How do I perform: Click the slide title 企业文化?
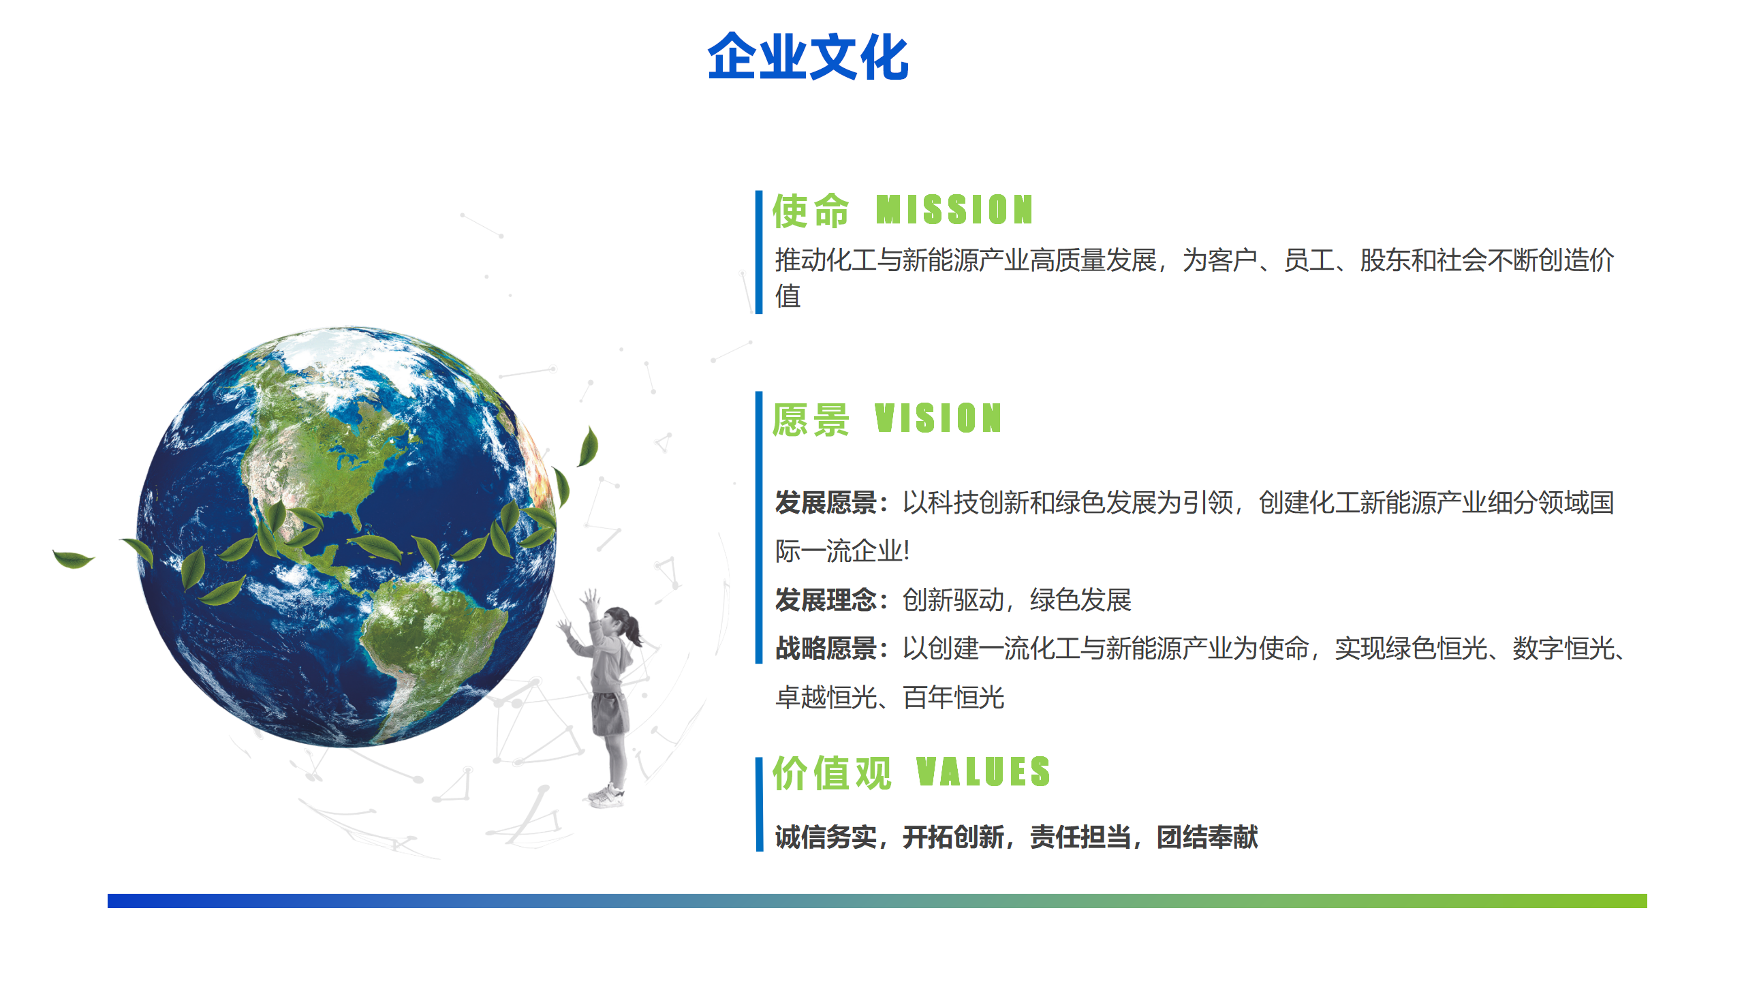[808, 57]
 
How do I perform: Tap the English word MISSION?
[954, 210]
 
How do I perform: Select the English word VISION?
[938, 418]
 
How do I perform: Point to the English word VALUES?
[983, 772]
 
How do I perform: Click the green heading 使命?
[811, 211]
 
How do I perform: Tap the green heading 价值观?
[832, 773]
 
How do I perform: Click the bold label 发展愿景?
[826, 503]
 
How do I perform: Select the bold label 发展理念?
[826, 600]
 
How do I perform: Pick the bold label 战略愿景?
[826, 649]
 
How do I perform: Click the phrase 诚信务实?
[826, 837]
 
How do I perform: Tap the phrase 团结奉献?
[1207, 837]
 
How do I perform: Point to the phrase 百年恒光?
[954, 698]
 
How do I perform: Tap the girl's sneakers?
[606, 795]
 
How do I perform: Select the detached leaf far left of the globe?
[73, 559]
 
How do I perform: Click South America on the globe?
[429, 647]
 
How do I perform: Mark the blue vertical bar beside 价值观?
[759, 804]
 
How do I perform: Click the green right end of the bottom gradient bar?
[1642, 901]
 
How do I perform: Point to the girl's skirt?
[609, 713]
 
